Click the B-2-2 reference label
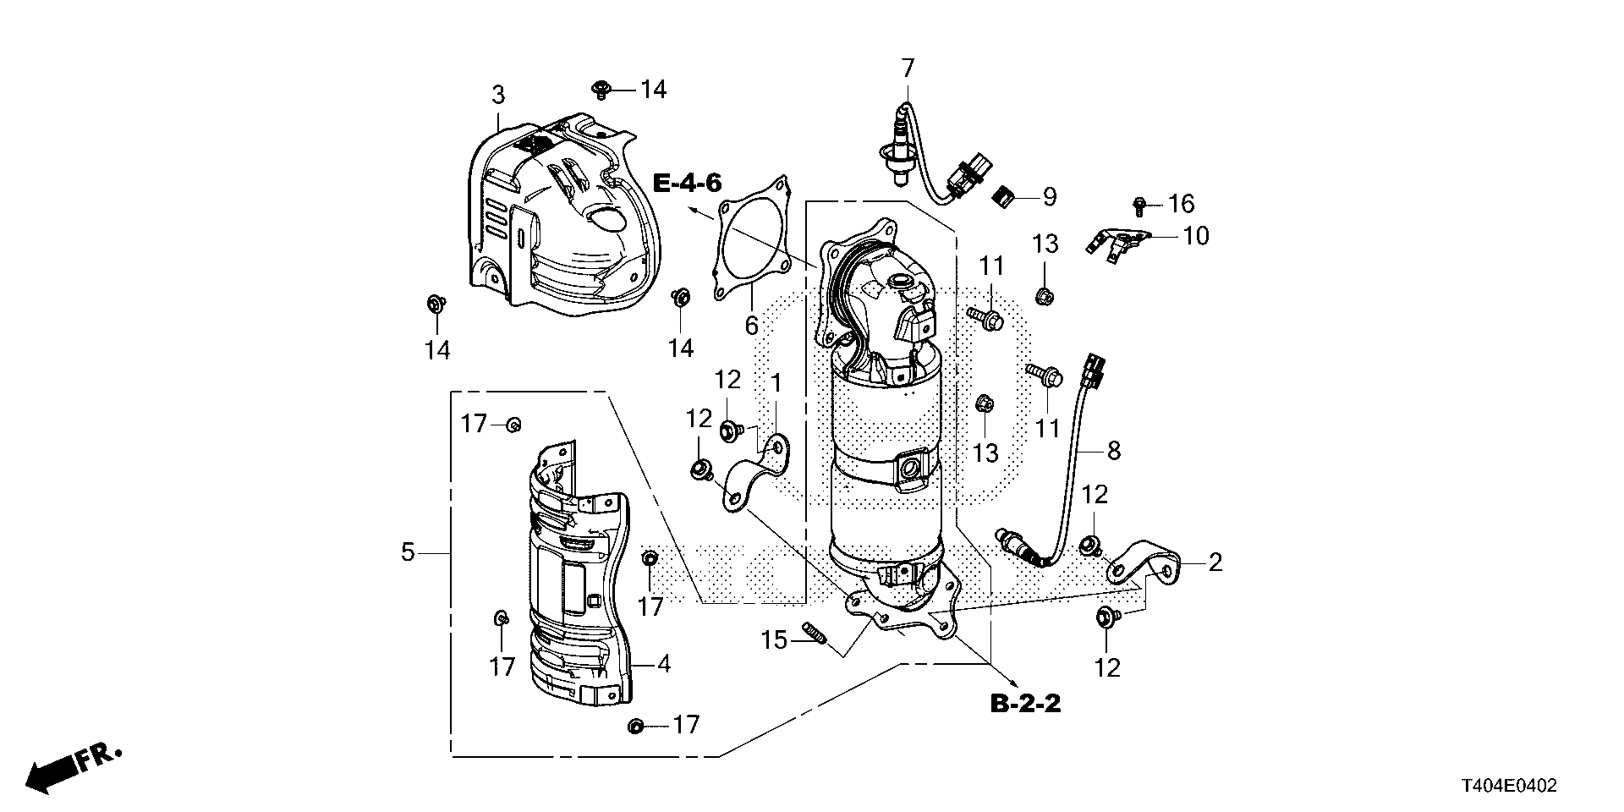(1025, 703)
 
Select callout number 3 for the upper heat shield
(498, 95)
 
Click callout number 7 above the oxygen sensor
(908, 67)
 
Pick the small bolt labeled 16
(1138, 204)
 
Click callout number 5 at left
(408, 553)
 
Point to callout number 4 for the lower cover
(663, 665)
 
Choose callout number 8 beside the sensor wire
(1113, 452)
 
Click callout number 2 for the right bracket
(1215, 562)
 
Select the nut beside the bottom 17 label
(637, 726)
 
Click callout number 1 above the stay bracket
(775, 384)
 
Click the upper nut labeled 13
(1044, 295)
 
